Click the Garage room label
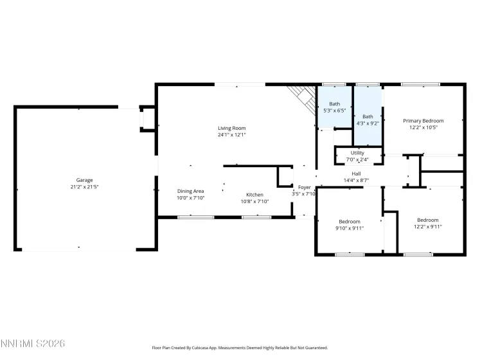pos(85,180)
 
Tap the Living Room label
pos(231,128)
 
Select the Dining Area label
pos(191,191)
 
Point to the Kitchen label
pos(255,194)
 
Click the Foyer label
pos(305,187)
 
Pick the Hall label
pos(356,174)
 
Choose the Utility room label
pos(357,152)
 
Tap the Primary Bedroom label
pos(423,120)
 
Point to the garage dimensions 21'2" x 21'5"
pos(85,186)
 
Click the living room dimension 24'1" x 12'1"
pos(231,135)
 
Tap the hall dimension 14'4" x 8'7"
pos(356,181)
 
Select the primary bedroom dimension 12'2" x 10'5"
pos(423,127)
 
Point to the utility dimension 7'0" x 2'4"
pos(357,159)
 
